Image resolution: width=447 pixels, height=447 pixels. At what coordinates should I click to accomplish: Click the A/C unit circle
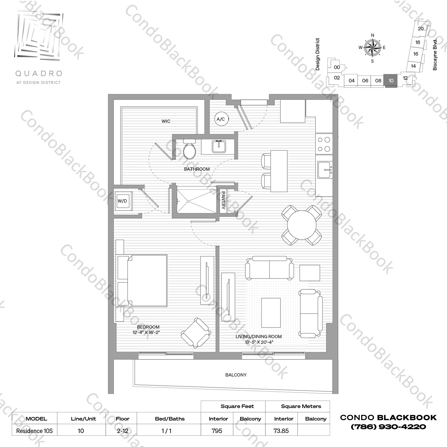[221, 119]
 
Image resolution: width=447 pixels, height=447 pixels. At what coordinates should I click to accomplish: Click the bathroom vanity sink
[219, 147]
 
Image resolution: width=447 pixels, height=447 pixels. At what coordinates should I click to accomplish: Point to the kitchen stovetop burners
[324, 144]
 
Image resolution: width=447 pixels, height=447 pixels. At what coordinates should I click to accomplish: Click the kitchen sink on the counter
[325, 170]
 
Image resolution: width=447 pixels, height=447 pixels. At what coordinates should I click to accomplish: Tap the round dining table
[302, 225]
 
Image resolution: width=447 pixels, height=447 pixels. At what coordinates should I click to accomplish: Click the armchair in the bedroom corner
[196, 333]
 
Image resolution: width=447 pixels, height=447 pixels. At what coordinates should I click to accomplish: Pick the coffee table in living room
[271, 313]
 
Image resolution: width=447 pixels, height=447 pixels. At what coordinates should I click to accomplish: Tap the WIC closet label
[166, 121]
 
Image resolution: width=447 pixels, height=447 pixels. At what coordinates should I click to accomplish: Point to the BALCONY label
[236, 375]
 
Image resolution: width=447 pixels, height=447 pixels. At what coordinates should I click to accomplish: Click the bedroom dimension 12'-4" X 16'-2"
[146, 332]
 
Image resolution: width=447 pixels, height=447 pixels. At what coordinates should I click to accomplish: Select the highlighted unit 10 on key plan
[391, 81]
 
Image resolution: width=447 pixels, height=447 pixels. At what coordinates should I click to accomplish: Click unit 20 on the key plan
[421, 29]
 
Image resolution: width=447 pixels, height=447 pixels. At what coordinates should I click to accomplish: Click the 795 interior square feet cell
[217, 431]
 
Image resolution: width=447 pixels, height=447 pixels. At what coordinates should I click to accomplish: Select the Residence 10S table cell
[34, 431]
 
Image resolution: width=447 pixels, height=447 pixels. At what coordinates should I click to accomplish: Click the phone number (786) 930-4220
[388, 427]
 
